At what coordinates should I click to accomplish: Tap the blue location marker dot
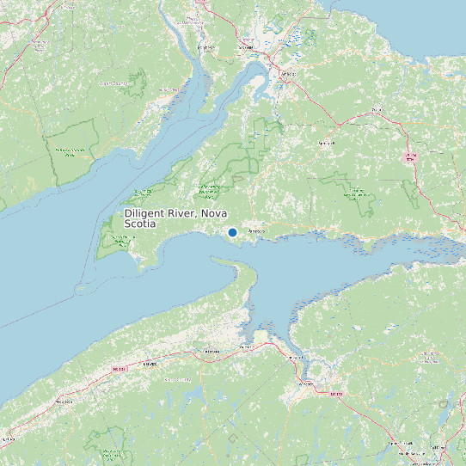(x=232, y=232)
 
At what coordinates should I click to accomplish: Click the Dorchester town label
(x=205, y=47)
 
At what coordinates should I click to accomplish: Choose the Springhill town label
(x=326, y=143)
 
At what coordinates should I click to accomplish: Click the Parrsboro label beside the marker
(x=255, y=232)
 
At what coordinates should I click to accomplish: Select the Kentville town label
(x=211, y=352)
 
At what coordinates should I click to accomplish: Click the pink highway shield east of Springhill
(x=410, y=156)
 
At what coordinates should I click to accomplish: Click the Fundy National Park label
(x=71, y=150)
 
